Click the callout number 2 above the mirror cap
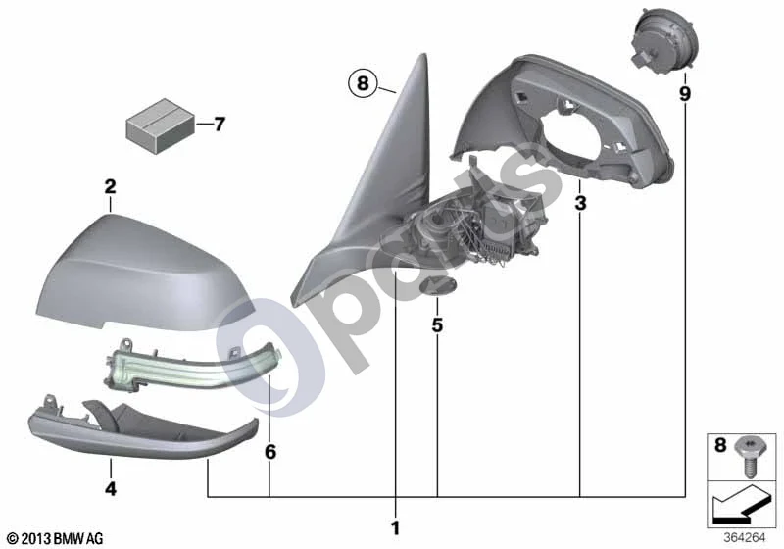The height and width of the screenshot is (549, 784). (x=110, y=187)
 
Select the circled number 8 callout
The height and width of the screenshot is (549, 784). (x=363, y=82)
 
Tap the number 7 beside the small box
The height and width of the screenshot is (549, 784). (x=220, y=124)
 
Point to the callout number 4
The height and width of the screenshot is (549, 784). (x=111, y=488)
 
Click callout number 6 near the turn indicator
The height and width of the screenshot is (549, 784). (x=270, y=452)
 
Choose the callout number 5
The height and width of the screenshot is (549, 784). (x=437, y=325)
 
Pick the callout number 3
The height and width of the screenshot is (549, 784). (x=580, y=203)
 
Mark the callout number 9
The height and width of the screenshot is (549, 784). (x=684, y=93)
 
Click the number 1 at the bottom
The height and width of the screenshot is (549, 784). (x=396, y=528)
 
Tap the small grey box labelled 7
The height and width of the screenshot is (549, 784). (x=160, y=125)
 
